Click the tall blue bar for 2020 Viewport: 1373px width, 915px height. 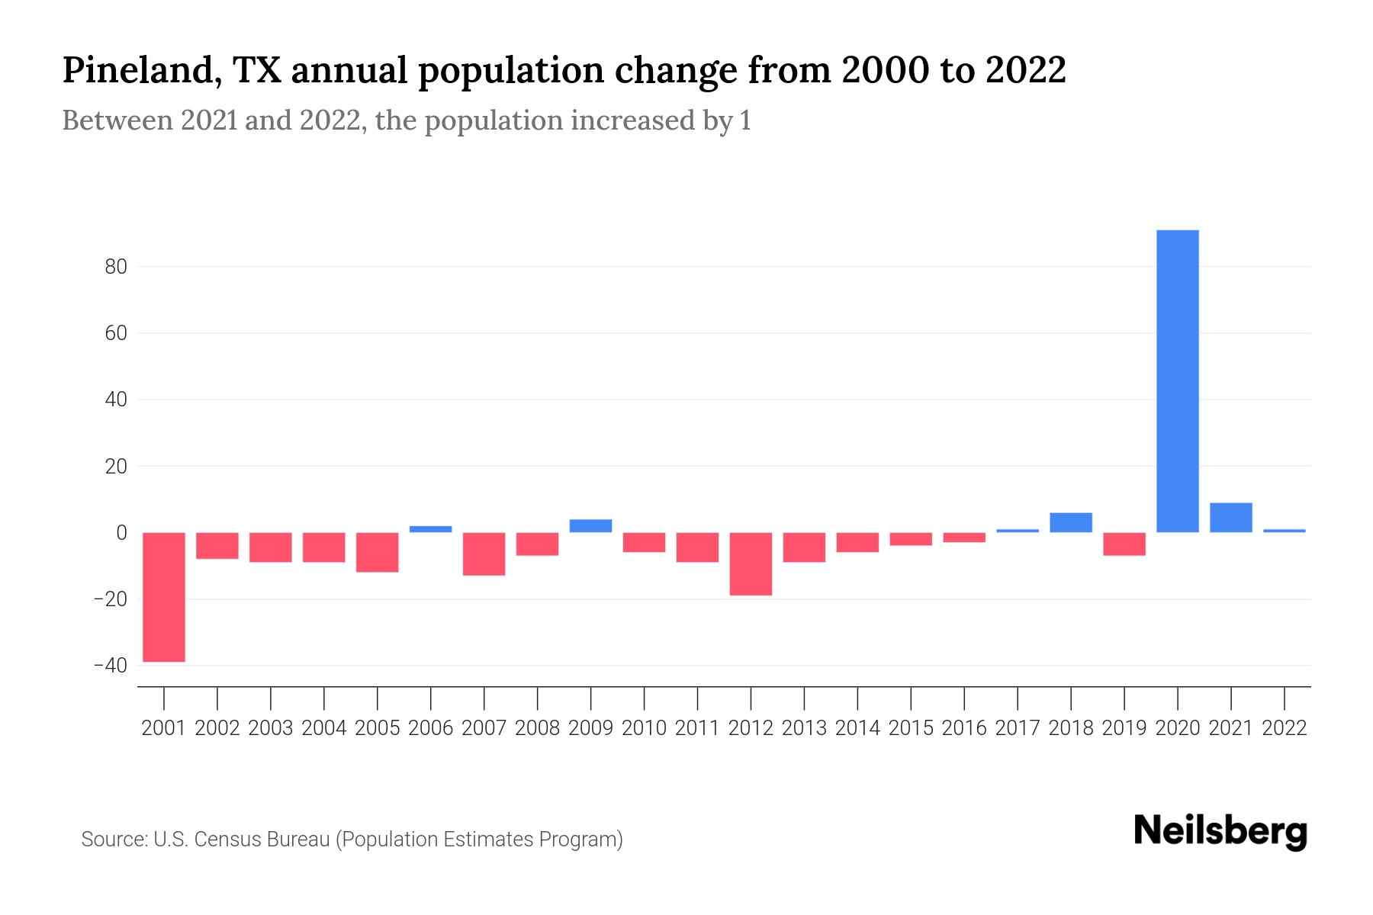pyautogui.click(x=1178, y=381)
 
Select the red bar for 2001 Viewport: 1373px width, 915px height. pyautogui.click(x=164, y=597)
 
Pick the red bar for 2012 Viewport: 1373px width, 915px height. pyautogui.click(x=751, y=563)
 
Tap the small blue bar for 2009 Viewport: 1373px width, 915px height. pyautogui.click(x=590, y=526)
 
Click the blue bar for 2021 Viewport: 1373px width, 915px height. pyautogui.click(x=1231, y=518)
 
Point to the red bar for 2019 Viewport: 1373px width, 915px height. pyautogui.click(x=1124, y=544)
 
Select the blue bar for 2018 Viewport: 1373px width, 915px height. pyautogui.click(x=1071, y=522)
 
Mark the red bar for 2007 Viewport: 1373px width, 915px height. pyautogui.click(x=484, y=554)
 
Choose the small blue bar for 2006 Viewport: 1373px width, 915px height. pyautogui.click(x=431, y=529)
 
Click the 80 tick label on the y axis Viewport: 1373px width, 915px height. pyautogui.click(x=111, y=267)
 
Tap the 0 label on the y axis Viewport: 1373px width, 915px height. pyautogui.click(x=121, y=532)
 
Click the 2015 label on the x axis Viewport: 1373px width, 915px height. pyautogui.click(x=911, y=728)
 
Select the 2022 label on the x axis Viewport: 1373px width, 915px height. pyautogui.click(x=1285, y=728)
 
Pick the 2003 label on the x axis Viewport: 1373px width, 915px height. pyautogui.click(x=271, y=728)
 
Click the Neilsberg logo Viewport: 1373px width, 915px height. pyautogui.click(x=1220, y=833)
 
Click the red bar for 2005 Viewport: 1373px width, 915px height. pyautogui.click(x=378, y=552)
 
